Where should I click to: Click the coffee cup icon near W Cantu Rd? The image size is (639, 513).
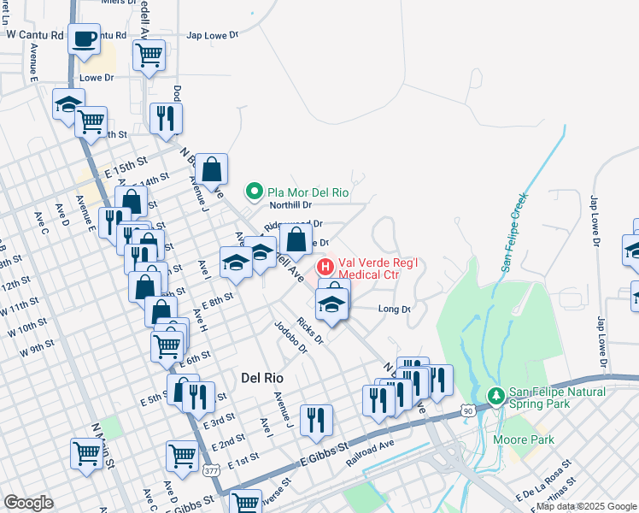pyautogui.click(x=85, y=39)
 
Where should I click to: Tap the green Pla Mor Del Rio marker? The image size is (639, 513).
pyautogui.click(x=253, y=190)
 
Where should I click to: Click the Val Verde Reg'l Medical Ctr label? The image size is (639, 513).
pyautogui.click(x=369, y=268)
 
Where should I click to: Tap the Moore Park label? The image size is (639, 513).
pyautogui.click(x=524, y=439)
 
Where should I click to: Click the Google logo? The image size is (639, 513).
pyautogui.click(x=29, y=503)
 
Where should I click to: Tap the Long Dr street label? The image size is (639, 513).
pyautogui.click(x=394, y=309)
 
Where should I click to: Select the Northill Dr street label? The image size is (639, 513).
pyautogui.click(x=290, y=205)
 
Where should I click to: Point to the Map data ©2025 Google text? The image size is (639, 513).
pyautogui.click(x=586, y=506)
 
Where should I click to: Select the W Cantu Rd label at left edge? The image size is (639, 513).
pyautogui.click(x=34, y=35)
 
